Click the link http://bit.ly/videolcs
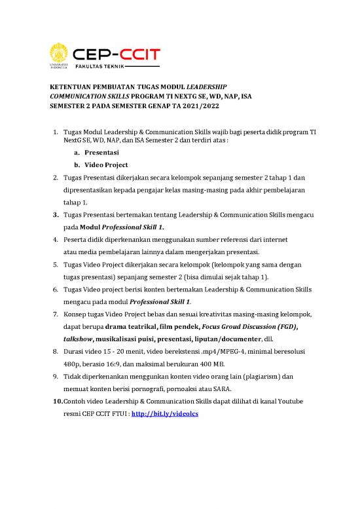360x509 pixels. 158,434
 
